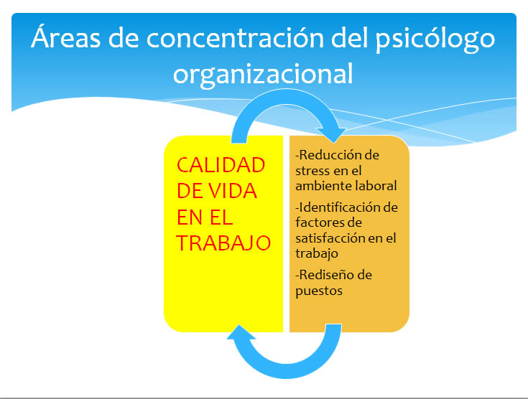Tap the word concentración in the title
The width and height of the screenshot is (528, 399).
236,38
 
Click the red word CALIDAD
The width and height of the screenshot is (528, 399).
221,165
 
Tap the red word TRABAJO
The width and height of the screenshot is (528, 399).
223,243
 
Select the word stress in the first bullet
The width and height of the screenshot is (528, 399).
312,171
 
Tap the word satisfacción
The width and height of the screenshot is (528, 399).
330,238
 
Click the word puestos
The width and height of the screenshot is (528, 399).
319,291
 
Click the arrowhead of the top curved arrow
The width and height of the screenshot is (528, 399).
333,135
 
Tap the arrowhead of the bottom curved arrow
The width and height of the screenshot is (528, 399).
241,332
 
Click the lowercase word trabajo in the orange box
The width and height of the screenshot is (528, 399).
317,254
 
